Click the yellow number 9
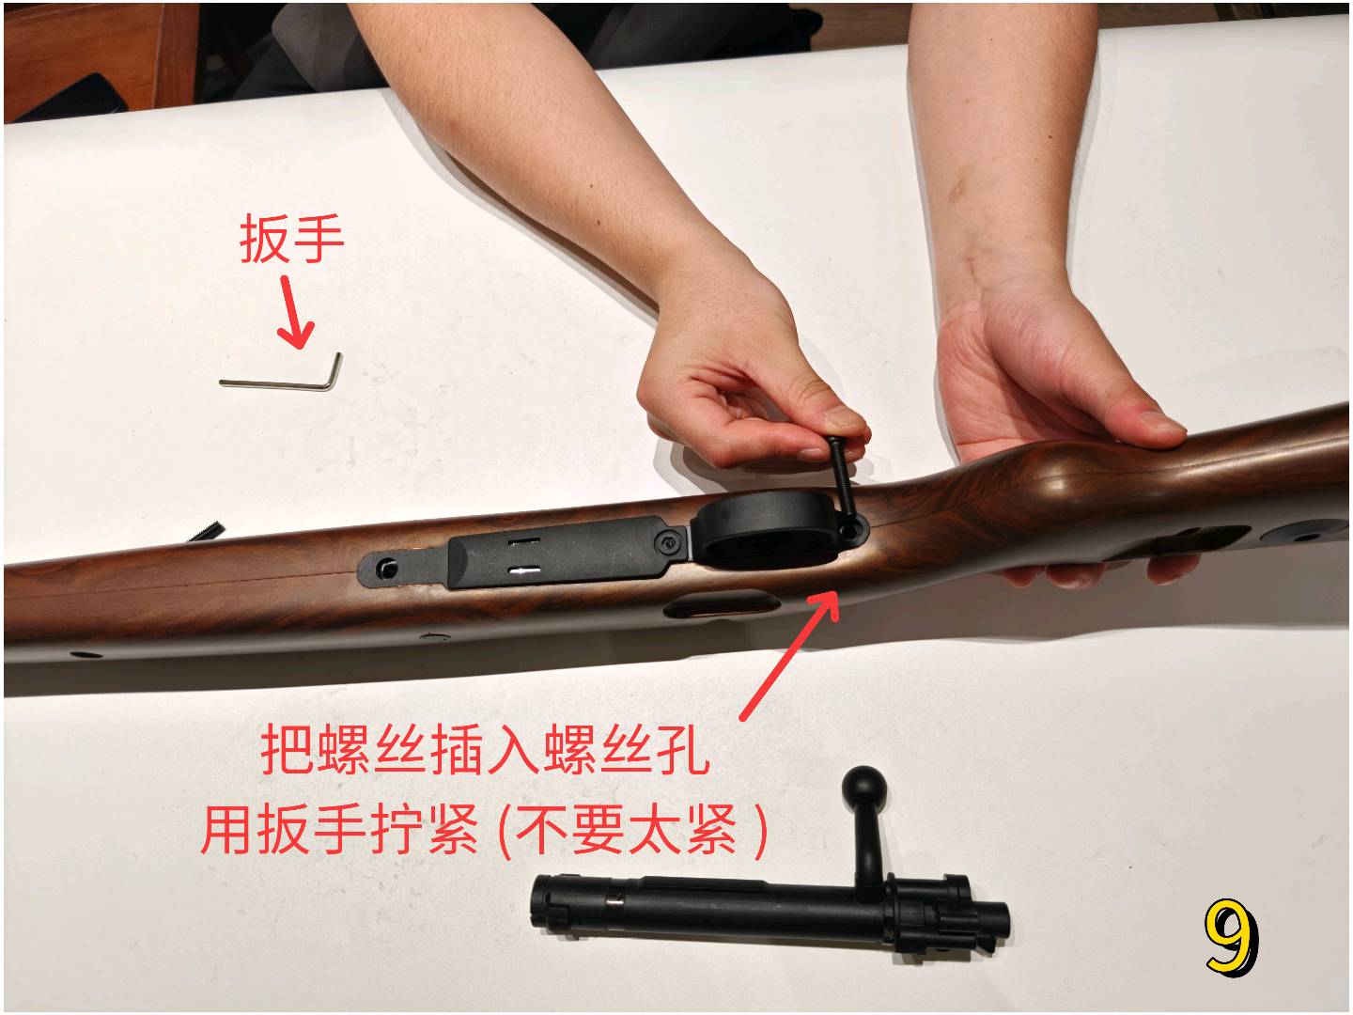tap(1231, 938)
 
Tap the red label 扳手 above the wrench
tap(291, 239)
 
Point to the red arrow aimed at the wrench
tap(295, 312)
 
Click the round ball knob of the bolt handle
tap(864, 787)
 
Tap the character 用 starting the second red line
tap(225, 830)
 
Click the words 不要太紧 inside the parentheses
tap(627, 830)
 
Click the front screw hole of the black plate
tap(386, 568)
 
